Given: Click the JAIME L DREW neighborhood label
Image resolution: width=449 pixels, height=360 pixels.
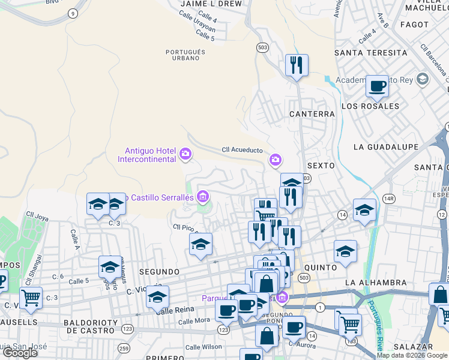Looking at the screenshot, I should point(211,4).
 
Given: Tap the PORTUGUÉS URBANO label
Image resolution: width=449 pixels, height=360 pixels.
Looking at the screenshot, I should point(186,55).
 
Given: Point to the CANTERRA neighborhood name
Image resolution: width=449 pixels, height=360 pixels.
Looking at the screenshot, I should point(312,113).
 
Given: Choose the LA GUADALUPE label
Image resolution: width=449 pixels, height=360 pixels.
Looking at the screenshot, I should point(385,146).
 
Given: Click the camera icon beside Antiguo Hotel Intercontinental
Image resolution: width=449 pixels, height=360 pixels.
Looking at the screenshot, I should point(185,154).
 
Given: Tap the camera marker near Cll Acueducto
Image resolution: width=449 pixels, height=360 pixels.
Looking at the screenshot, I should point(276,160).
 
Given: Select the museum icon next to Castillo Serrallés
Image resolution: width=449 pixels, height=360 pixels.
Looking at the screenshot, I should point(203,196).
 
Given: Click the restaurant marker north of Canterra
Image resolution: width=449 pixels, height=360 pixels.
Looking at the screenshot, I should point(296,65).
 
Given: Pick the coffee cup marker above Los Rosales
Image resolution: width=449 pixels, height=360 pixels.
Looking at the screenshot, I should point(377,86).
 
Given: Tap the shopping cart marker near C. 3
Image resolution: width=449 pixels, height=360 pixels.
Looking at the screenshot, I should point(31,297).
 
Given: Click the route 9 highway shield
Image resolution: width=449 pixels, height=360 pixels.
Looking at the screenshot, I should point(73,13).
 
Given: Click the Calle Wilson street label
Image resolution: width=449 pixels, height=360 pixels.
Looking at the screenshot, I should point(203,347).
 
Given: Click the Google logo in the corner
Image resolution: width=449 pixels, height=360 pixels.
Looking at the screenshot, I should point(20,352).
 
